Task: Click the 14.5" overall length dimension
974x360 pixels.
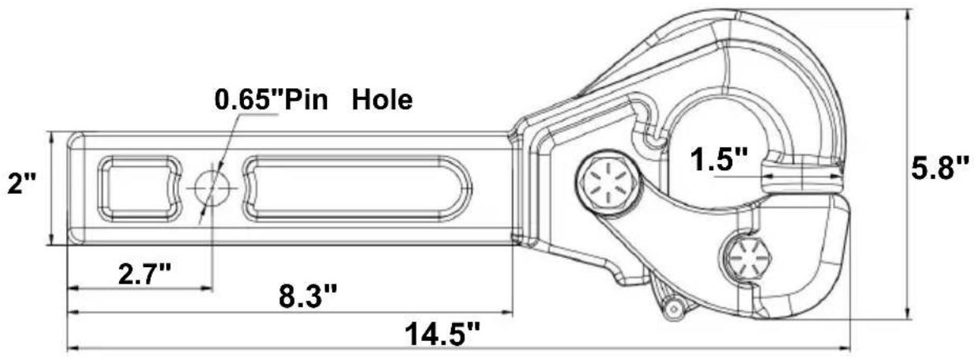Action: [x=443, y=333]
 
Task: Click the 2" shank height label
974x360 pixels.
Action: [x=22, y=184]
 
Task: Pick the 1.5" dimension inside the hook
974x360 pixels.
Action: [x=720, y=159]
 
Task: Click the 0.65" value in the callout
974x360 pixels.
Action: [x=249, y=99]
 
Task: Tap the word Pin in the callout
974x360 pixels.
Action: [x=306, y=99]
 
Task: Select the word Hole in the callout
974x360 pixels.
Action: [x=382, y=99]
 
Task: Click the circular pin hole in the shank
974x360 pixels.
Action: [x=212, y=188]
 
